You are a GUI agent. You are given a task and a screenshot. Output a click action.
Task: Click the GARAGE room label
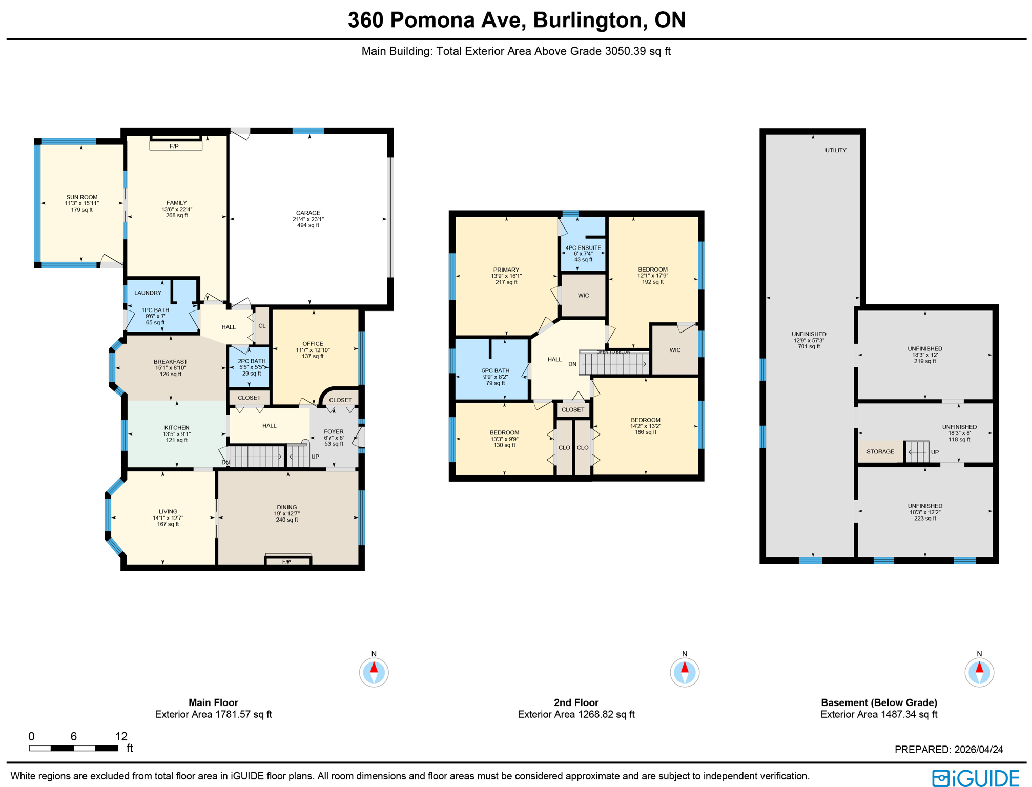[x=308, y=213]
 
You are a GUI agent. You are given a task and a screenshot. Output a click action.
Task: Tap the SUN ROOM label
[x=81, y=197]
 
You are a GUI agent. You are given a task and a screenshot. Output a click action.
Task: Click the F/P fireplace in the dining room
[x=287, y=561]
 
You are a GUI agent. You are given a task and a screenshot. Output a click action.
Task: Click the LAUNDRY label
[x=148, y=293]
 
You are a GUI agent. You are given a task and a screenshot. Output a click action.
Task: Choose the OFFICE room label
[x=313, y=344]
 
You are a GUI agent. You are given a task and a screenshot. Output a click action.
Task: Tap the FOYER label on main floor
[x=334, y=432]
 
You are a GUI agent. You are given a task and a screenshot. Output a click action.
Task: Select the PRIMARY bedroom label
[x=506, y=270]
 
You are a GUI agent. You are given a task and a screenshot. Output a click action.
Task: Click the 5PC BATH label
[x=495, y=370]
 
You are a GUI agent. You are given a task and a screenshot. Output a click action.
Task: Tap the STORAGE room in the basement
[x=880, y=451]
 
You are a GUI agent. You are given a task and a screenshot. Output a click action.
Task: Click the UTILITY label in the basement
[x=835, y=150]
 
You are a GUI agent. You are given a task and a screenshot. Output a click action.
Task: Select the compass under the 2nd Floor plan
[x=684, y=672]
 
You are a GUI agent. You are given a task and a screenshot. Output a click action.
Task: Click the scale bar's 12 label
[x=121, y=736]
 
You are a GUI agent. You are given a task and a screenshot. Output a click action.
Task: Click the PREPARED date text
[x=948, y=749]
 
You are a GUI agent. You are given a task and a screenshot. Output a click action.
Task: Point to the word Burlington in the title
[x=587, y=20]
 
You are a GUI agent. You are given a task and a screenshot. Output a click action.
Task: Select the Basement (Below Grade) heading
[x=878, y=702]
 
